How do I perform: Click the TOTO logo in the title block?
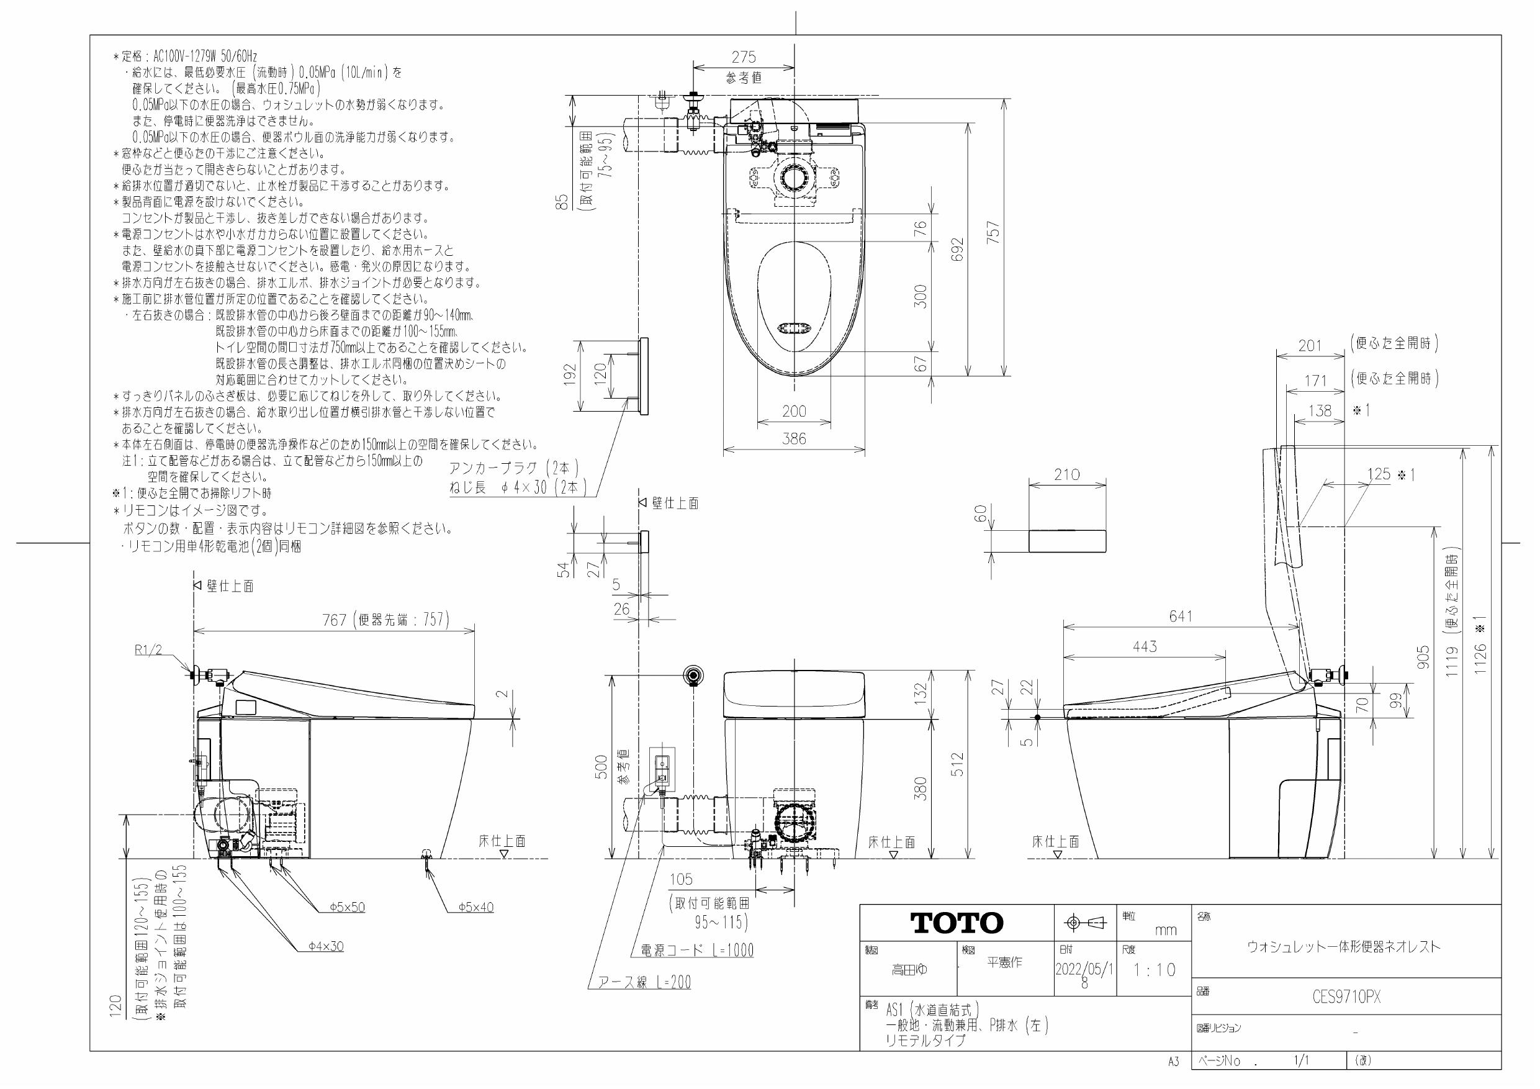click(956, 923)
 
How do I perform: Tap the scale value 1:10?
click(1155, 970)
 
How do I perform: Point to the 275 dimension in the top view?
click(743, 58)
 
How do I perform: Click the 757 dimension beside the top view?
click(994, 233)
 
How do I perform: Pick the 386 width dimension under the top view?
click(793, 440)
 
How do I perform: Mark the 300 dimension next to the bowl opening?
click(921, 296)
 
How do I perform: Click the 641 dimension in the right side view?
click(1181, 616)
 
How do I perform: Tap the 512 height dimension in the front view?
click(957, 764)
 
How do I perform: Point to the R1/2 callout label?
click(148, 649)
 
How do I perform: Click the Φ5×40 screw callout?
click(476, 907)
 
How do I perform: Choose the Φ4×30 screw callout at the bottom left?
click(326, 946)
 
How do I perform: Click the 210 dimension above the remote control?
click(1066, 475)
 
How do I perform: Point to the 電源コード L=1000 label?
click(697, 950)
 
